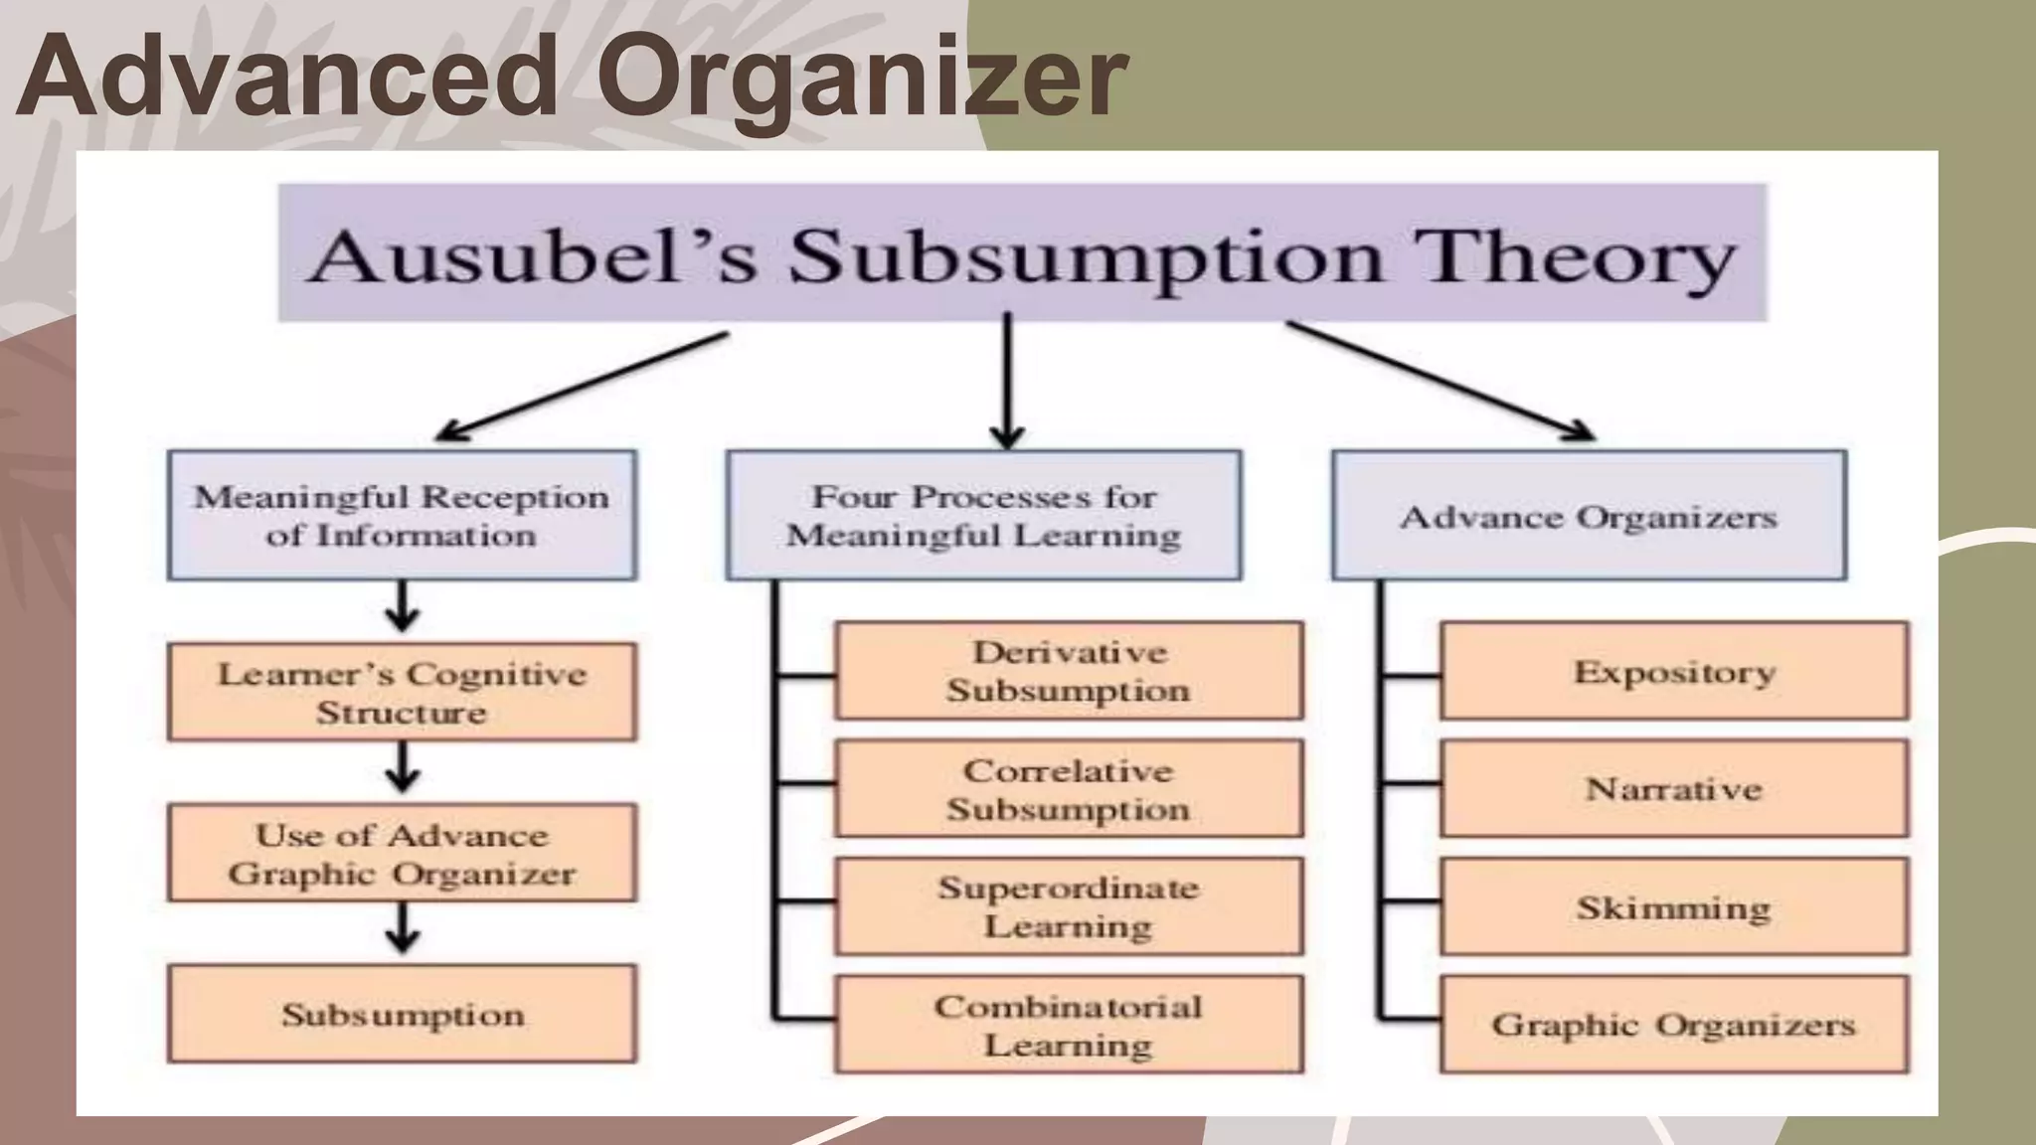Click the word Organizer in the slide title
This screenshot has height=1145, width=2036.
861,78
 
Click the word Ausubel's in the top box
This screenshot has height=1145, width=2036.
532,256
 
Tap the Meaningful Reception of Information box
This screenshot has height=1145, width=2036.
402,515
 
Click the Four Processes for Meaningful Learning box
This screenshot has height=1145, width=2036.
983,515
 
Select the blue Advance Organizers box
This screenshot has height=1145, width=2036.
1589,515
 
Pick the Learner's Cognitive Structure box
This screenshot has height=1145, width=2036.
402,692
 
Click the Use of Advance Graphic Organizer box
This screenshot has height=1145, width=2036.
402,853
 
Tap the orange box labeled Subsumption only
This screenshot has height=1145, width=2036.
402,1014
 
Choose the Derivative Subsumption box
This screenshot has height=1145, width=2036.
1069,671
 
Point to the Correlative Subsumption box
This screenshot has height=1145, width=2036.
1069,788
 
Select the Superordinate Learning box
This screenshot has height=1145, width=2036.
1069,906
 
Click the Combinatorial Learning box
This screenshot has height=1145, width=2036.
1069,1024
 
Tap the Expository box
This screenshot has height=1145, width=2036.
1674,671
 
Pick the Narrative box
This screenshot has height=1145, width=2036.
1674,788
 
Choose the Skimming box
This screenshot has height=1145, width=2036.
1674,906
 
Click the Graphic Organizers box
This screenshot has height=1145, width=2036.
1674,1024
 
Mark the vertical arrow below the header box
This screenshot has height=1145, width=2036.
1007,383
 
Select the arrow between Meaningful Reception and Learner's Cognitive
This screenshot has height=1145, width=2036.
402,607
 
